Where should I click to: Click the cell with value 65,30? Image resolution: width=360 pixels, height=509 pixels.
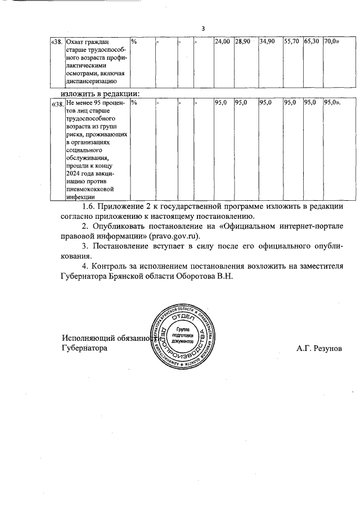point(311,42)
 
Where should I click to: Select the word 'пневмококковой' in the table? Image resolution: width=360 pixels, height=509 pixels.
point(90,190)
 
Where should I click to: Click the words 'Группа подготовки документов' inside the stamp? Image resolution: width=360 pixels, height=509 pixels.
point(184,335)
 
